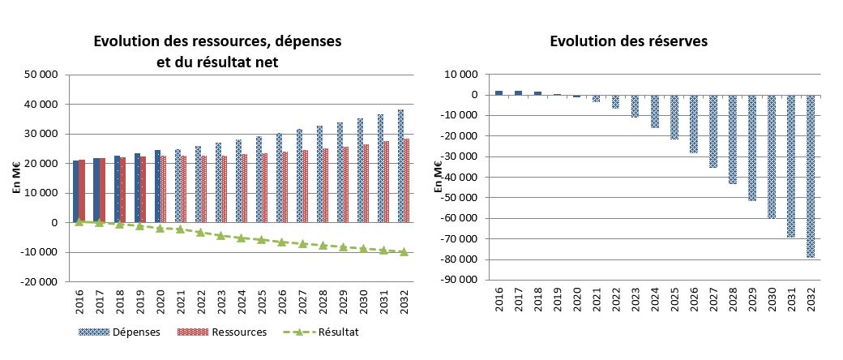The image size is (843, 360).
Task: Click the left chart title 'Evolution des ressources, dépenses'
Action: click(x=217, y=41)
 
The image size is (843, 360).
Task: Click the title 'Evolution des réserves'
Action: click(x=629, y=41)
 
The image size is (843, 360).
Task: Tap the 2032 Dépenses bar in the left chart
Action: click(x=400, y=165)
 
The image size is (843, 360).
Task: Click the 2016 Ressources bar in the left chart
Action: click(x=82, y=191)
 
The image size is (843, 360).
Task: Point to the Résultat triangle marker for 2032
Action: click(x=404, y=252)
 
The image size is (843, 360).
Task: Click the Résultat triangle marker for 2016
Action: click(x=79, y=221)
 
